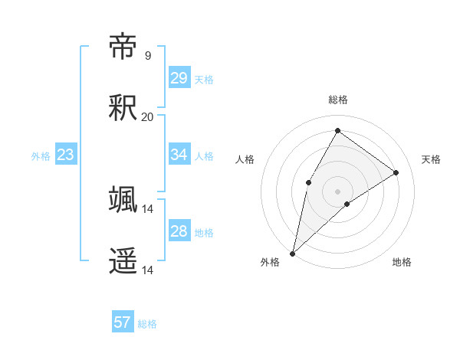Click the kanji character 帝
point(123,47)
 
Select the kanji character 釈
point(123,108)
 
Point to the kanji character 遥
point(123,260)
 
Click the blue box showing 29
point(179,77)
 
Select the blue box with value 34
point(179,155)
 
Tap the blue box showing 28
point(179,231)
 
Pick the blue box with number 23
point(66,155)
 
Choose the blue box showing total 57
point(123,322)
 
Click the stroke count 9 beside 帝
point(148,56)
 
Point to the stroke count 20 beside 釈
point(147,117)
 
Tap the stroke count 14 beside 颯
point(147,208)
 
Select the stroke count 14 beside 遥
point(147,270)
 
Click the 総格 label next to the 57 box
point(147,324)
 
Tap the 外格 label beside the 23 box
point(41,156)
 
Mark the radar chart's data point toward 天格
point(396,172)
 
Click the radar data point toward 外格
point(292,253)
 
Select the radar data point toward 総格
point(337,130)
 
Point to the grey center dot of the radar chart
point(337,191)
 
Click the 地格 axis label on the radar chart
point(402,263)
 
